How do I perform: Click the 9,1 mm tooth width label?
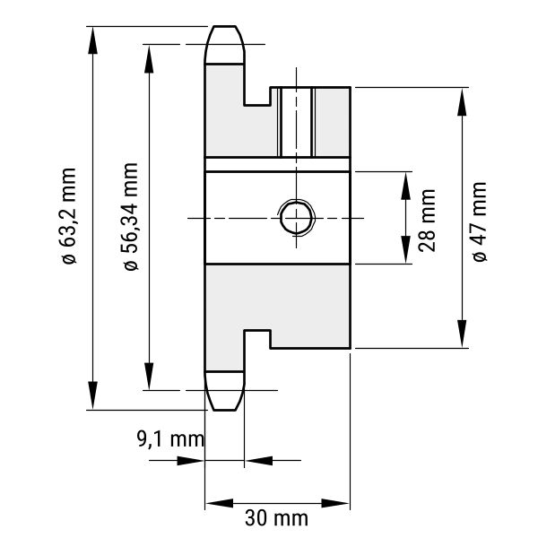[x=169, y=439]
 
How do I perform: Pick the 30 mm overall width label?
[x=276, y=518]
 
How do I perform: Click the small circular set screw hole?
[x=295, y=217]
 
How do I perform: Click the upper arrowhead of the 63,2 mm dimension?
[x=91, y=39]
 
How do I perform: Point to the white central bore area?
[x=242, y=218]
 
